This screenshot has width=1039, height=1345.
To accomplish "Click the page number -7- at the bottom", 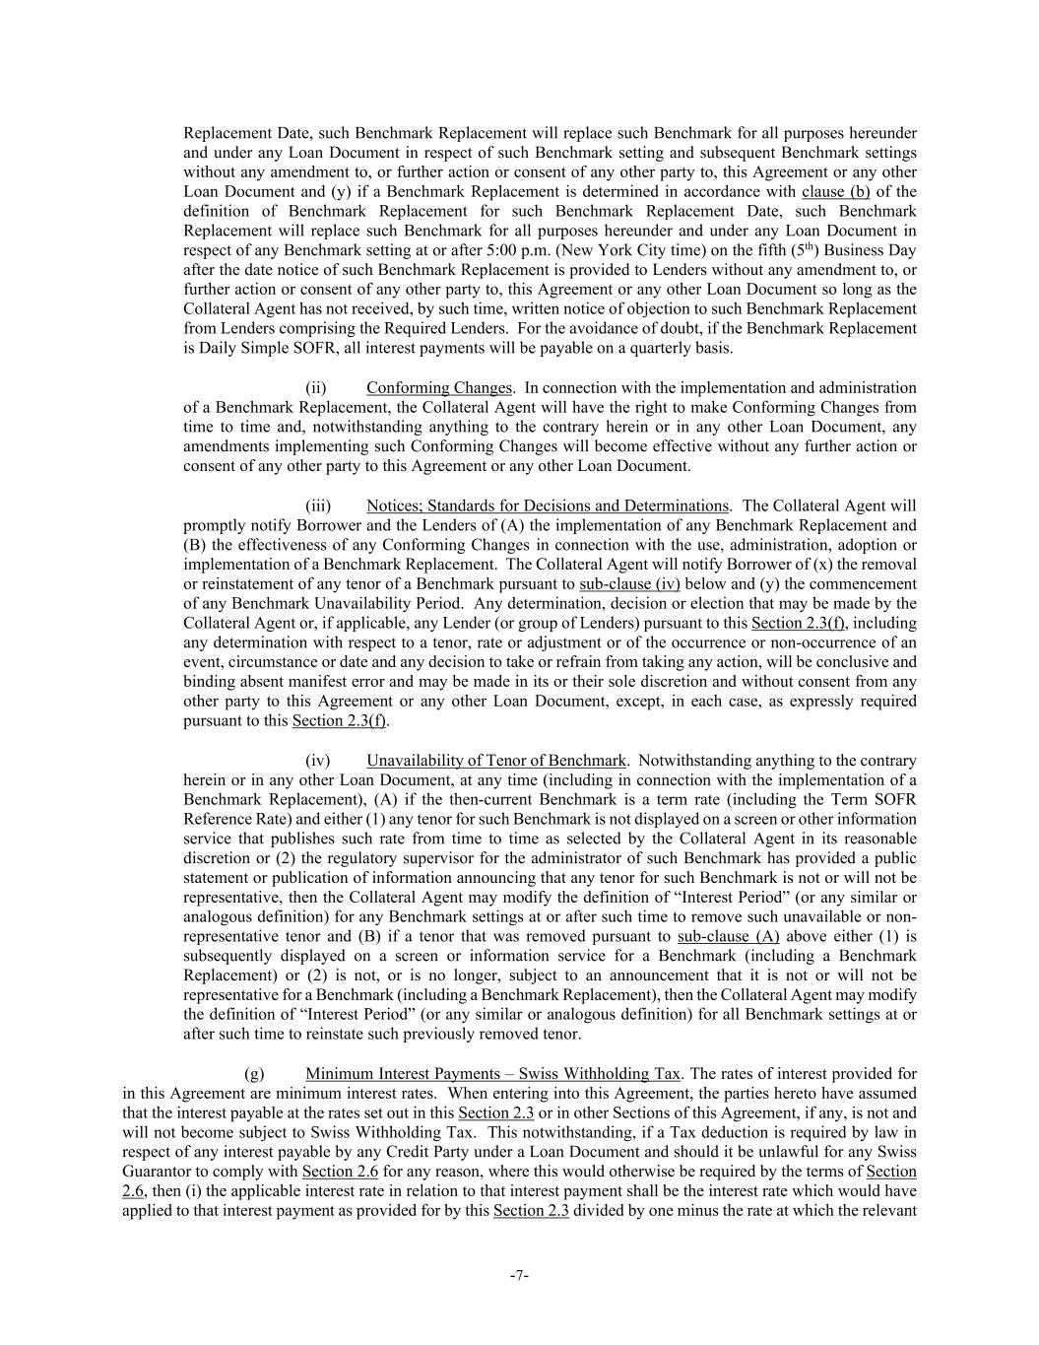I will (519, 1276).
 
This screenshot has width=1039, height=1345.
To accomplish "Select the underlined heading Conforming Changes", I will (438, 388).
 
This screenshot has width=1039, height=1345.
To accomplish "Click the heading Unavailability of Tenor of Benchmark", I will (495, 761).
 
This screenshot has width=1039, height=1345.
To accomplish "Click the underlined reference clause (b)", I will (836, 192).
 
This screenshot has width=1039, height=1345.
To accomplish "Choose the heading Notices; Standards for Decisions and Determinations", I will (548, 505).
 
